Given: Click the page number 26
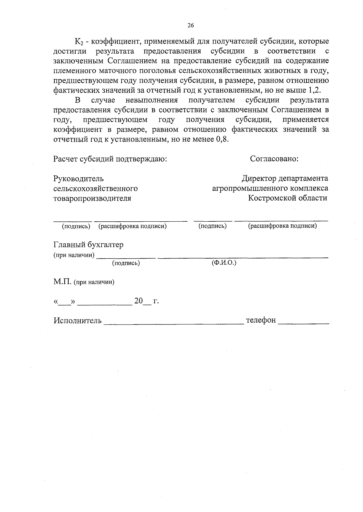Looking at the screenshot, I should click(x=191, y=25).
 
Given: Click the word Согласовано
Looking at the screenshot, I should click(x=274, y=159).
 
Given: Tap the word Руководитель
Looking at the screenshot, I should click(x=78, y=179).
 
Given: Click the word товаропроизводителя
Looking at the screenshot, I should click(x=92, y=199).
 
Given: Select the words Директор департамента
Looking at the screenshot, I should click(x=285, y=179).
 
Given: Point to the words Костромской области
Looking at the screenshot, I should click(x=287, y=198).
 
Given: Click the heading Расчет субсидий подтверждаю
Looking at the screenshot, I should click(x=110, y=159).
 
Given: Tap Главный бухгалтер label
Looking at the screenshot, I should click(x=88, y=245).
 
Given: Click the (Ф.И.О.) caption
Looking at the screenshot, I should click(x=224, y=263).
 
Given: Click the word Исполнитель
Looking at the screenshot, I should click(x=78, y=320).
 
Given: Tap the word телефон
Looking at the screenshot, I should click(x=261, y=320).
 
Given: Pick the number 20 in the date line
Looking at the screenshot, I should click(x=139, y=301).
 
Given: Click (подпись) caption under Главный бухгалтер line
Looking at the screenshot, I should click(x=126, y=263).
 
